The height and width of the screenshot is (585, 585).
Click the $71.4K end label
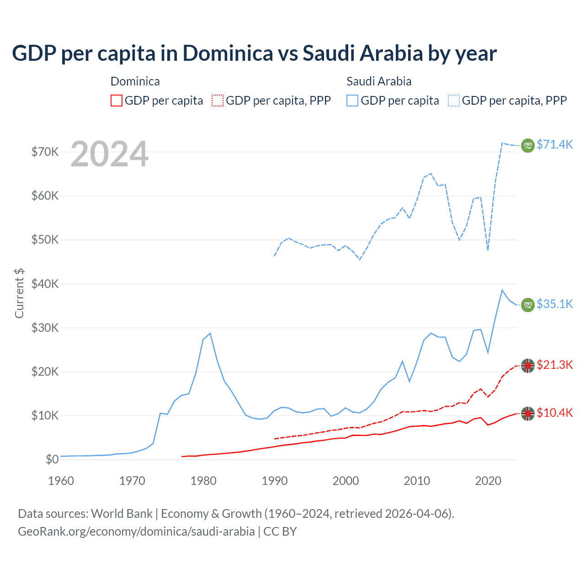pyautogui.click(x=554, y=144)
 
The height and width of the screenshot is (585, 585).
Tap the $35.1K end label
pyautogui.click(x=554, y=304)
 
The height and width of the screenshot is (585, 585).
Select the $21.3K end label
pyautogui.click(x=554, y=365)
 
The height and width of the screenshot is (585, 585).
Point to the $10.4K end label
pyautogui.click(x=554, y=413)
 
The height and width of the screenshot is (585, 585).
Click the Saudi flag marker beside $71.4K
pyautogui.click(x=528, y=145)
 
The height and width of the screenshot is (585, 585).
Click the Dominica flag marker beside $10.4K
pyautogui.click(x=528, y=414)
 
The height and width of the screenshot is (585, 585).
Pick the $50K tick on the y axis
pyautogui.click(x=45, y=239)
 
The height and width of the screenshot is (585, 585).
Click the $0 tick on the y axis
pyautogui.click(x=52, y=459)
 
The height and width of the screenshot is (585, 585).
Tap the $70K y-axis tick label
pyautogui.click(x=45, y=152)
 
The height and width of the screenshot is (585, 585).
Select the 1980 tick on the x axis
pyautogui.click(x=203, y=481)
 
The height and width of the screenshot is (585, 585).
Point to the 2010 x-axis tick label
pyautogui.click(x=417, y=481)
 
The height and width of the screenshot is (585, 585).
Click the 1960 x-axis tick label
pyautogui.click(x=61, y=481)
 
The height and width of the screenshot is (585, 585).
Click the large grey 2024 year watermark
pyautogui.click(x=109, y=154)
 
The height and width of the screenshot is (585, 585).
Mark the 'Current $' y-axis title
pyautogui.click(x=19, y=293)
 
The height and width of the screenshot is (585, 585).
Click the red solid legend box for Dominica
pyautogui.click(x=117, y=101)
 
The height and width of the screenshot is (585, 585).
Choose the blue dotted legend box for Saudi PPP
pyautogui.click(x=454, y=101)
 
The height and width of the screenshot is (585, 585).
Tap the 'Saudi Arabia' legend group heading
pyautogui.click(x=379, y=81)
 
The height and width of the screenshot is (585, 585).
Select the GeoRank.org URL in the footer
pyautogui.click(x=136, y=532)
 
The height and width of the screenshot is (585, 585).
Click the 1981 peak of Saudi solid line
pyautogui.click(x=210, y=333)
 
